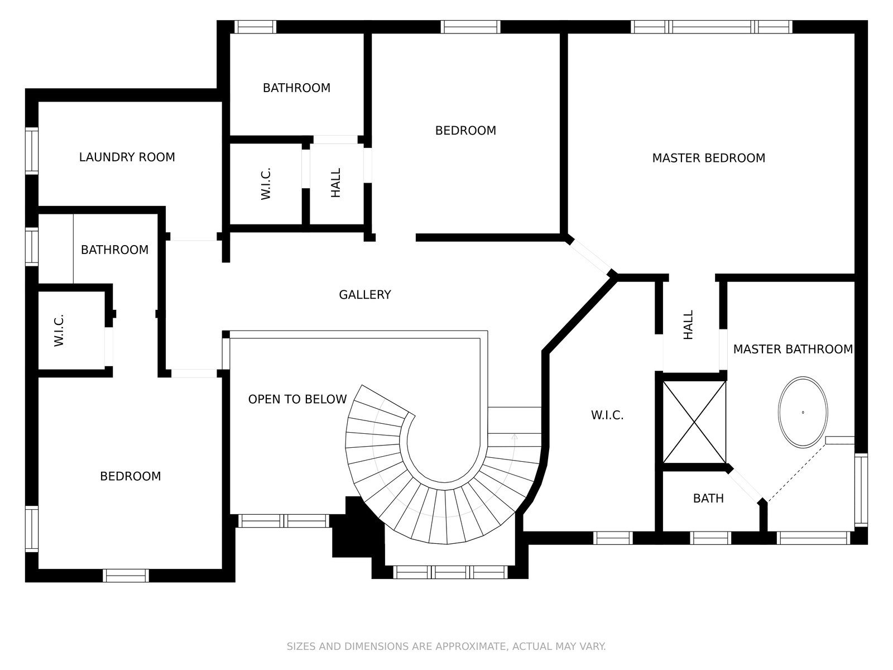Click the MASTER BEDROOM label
click(708, 158)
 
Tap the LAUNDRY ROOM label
click(127, 157)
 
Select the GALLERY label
click(365, 295)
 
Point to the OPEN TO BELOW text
click(297, 399)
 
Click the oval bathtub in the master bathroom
click(803, 412)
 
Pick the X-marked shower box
click(694, 422)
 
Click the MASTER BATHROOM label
click(793, 349)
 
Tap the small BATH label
click(708, 499)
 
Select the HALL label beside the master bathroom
click(688, 324)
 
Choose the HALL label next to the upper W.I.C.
click(335, 183)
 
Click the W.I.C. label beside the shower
click(607, 415)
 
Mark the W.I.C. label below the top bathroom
click(266, 184)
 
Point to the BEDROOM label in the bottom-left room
click(131, 476)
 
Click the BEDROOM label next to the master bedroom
click(465, 131)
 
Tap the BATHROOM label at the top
click(296, 88)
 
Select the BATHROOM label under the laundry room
click(115, 250)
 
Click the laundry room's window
click(32, 151)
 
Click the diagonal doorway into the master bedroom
click(591, 257)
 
